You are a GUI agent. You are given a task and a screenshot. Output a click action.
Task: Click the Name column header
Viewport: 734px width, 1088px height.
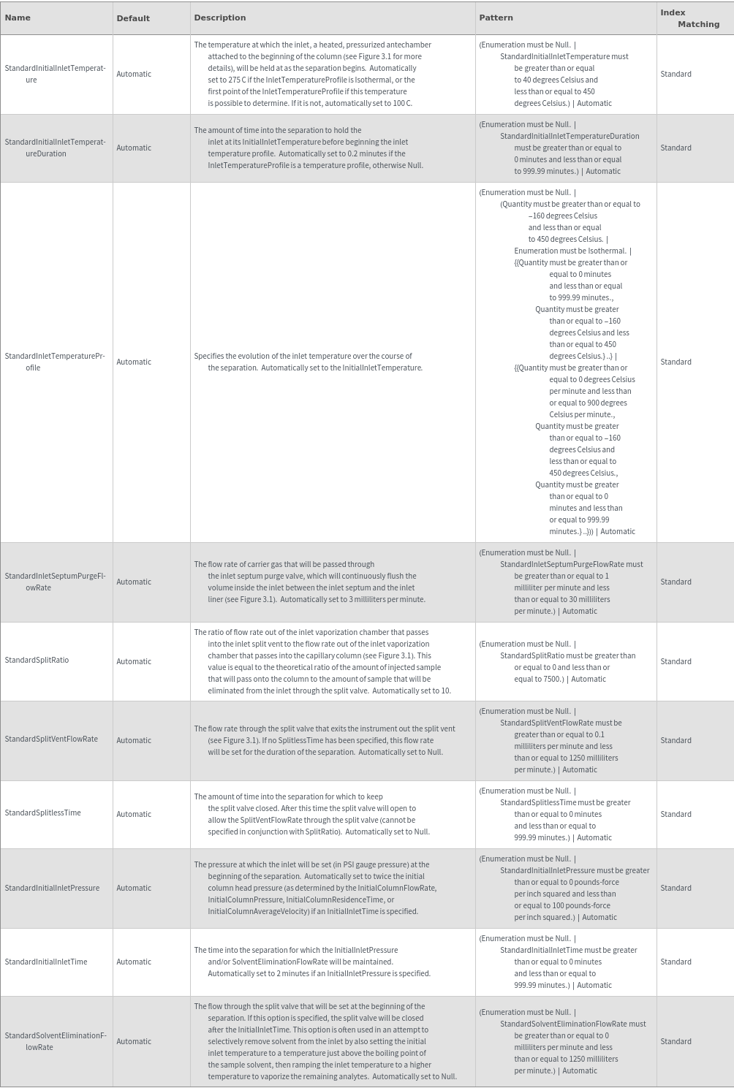tap(18, 18)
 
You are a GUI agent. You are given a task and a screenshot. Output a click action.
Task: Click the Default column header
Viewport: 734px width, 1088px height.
tap(133, 18)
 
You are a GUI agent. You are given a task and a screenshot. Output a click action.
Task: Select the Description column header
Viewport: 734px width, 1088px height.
tap(219, 18)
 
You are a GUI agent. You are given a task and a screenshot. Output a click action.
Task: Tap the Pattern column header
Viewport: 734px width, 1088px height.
tap(496, 18)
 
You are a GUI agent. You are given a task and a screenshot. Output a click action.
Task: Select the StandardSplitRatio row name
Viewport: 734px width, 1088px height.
tap(37, 661)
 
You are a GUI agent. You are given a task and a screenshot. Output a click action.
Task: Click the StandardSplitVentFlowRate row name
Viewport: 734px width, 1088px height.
tap(51, 739)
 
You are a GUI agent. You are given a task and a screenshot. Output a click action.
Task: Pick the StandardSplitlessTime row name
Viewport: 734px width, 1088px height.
tap(42, 813)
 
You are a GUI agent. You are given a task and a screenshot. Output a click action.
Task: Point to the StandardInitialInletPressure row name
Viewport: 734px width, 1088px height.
tap(52, 889)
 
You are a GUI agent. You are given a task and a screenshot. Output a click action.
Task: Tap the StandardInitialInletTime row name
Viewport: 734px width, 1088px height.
tap(45, 962)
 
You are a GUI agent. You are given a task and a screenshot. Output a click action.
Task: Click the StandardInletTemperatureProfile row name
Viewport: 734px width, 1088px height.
tap(55, 362)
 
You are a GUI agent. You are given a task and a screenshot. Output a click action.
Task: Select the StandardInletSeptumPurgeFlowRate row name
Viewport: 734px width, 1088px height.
tap(55, 582)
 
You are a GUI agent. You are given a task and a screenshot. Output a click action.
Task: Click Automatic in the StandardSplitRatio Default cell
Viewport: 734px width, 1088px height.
tap(134, 662)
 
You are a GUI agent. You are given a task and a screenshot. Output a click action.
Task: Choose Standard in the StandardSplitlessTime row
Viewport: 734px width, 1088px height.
tap(676, 814)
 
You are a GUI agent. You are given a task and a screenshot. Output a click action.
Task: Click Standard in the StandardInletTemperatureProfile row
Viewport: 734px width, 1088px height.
tap(676, 362)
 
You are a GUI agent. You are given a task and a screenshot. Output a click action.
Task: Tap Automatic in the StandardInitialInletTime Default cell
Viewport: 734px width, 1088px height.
tap(134, 962)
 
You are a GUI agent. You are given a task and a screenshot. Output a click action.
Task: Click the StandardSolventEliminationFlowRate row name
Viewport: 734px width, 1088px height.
tap(55, 1041)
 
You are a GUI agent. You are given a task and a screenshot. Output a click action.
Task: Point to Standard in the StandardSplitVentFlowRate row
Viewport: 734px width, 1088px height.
tap(676, 741)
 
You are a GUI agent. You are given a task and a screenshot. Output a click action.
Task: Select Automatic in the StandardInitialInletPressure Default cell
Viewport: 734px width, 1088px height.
tap(134, 889)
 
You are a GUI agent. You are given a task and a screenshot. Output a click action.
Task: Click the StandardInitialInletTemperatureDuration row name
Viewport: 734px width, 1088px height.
tap(55, 148)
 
